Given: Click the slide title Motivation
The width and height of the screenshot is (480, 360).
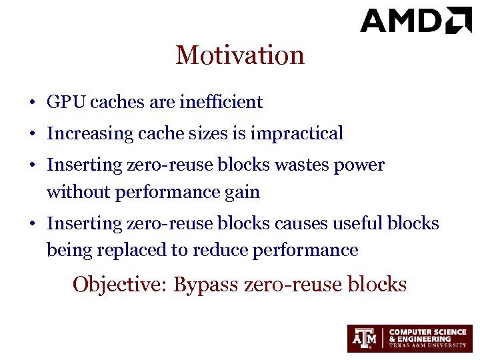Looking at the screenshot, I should click(x=240, y=55).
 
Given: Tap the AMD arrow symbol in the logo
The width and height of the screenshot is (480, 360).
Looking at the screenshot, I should click(x=459, y=19).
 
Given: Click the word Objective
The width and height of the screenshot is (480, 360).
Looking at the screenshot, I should click(x=120, y=285).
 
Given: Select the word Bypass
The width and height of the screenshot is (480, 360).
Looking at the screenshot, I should click(x=207, y=285).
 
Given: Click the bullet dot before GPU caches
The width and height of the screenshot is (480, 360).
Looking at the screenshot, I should click(x=31, y=103).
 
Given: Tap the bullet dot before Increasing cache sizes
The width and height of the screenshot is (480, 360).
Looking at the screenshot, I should click(x=31, y=134).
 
